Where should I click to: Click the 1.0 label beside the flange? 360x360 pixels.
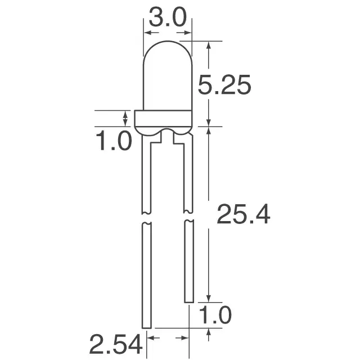[113, 141]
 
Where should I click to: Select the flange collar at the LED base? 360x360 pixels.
[164, 119]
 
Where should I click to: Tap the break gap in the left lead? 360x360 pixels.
[146, 218]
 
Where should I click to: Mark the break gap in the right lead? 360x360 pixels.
[188, 217]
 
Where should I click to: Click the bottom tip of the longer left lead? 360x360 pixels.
[147, 327]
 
